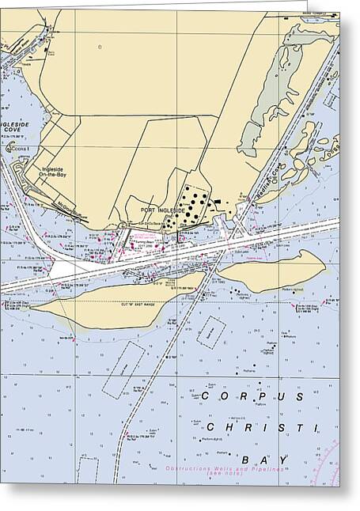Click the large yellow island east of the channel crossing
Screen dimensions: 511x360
point(273,267)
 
